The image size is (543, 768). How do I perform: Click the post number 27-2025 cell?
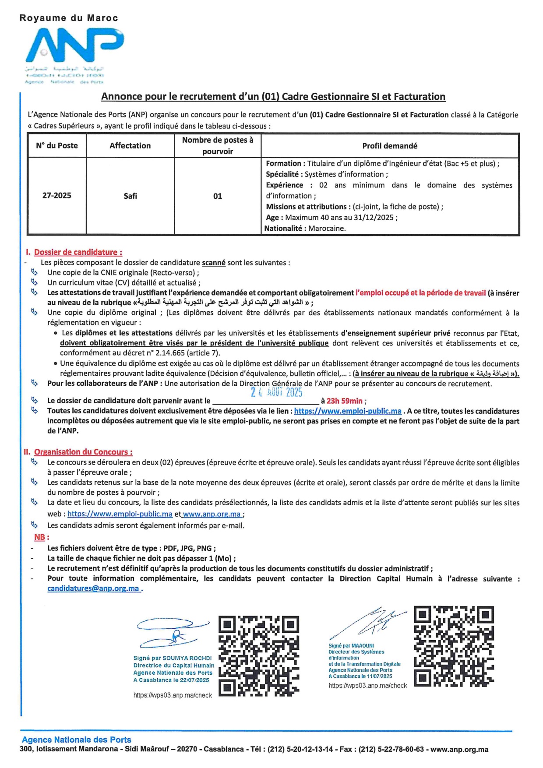(x=56, y=195)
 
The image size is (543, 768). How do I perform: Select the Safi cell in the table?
(x=130, y=196)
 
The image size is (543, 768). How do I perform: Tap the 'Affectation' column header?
(x=130, y=146)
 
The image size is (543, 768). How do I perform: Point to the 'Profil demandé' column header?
(x=390, y=146)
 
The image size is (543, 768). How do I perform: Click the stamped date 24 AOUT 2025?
(x=276, y=392)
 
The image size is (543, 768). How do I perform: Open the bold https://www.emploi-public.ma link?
(x=348, y=411)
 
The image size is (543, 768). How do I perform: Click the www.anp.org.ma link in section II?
(x=212, y=514)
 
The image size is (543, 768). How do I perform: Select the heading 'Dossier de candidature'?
(x=78, y=252)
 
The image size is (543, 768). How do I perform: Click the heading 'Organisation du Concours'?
(x=83, y=452)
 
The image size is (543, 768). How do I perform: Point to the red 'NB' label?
(x=40, y=537)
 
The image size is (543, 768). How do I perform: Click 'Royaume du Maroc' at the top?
(x=69, y=18)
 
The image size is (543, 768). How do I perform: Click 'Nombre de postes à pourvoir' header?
(x=218, y=146)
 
